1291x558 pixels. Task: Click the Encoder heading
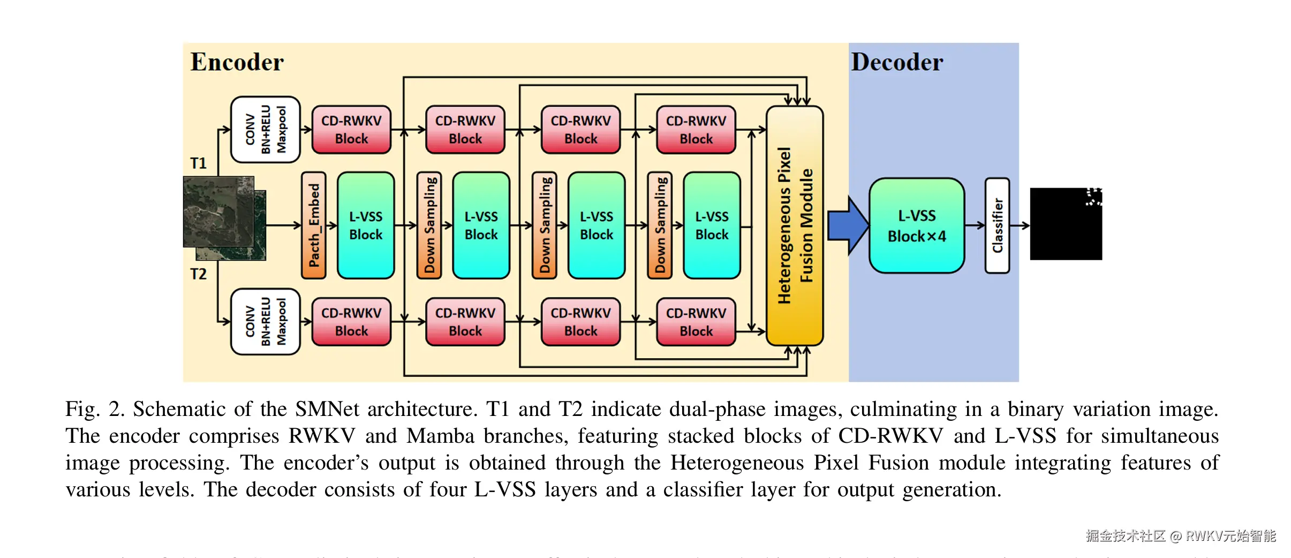click(237, 62)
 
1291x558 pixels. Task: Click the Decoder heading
click(897, 62)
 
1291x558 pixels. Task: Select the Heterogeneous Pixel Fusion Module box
click(795, 226)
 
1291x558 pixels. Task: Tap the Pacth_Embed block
click(314, 225)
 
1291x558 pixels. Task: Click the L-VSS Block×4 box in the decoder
click(917, 226)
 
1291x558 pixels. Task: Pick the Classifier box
click(997, 226)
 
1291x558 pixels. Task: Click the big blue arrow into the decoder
click(847, 226)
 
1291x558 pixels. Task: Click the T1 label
click(198, 163)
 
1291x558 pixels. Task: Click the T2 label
click(198, 274)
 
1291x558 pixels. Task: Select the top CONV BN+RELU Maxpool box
click(265, 130)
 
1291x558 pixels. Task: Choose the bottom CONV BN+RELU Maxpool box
click(265, 322)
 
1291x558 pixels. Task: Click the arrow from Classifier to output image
click(1020, 226)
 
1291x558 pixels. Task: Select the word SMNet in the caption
click(327, 410)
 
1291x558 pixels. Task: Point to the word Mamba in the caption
click(440, 436)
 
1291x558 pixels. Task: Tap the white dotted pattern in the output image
click(1093, 197)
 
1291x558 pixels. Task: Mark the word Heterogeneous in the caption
click(737, 463)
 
